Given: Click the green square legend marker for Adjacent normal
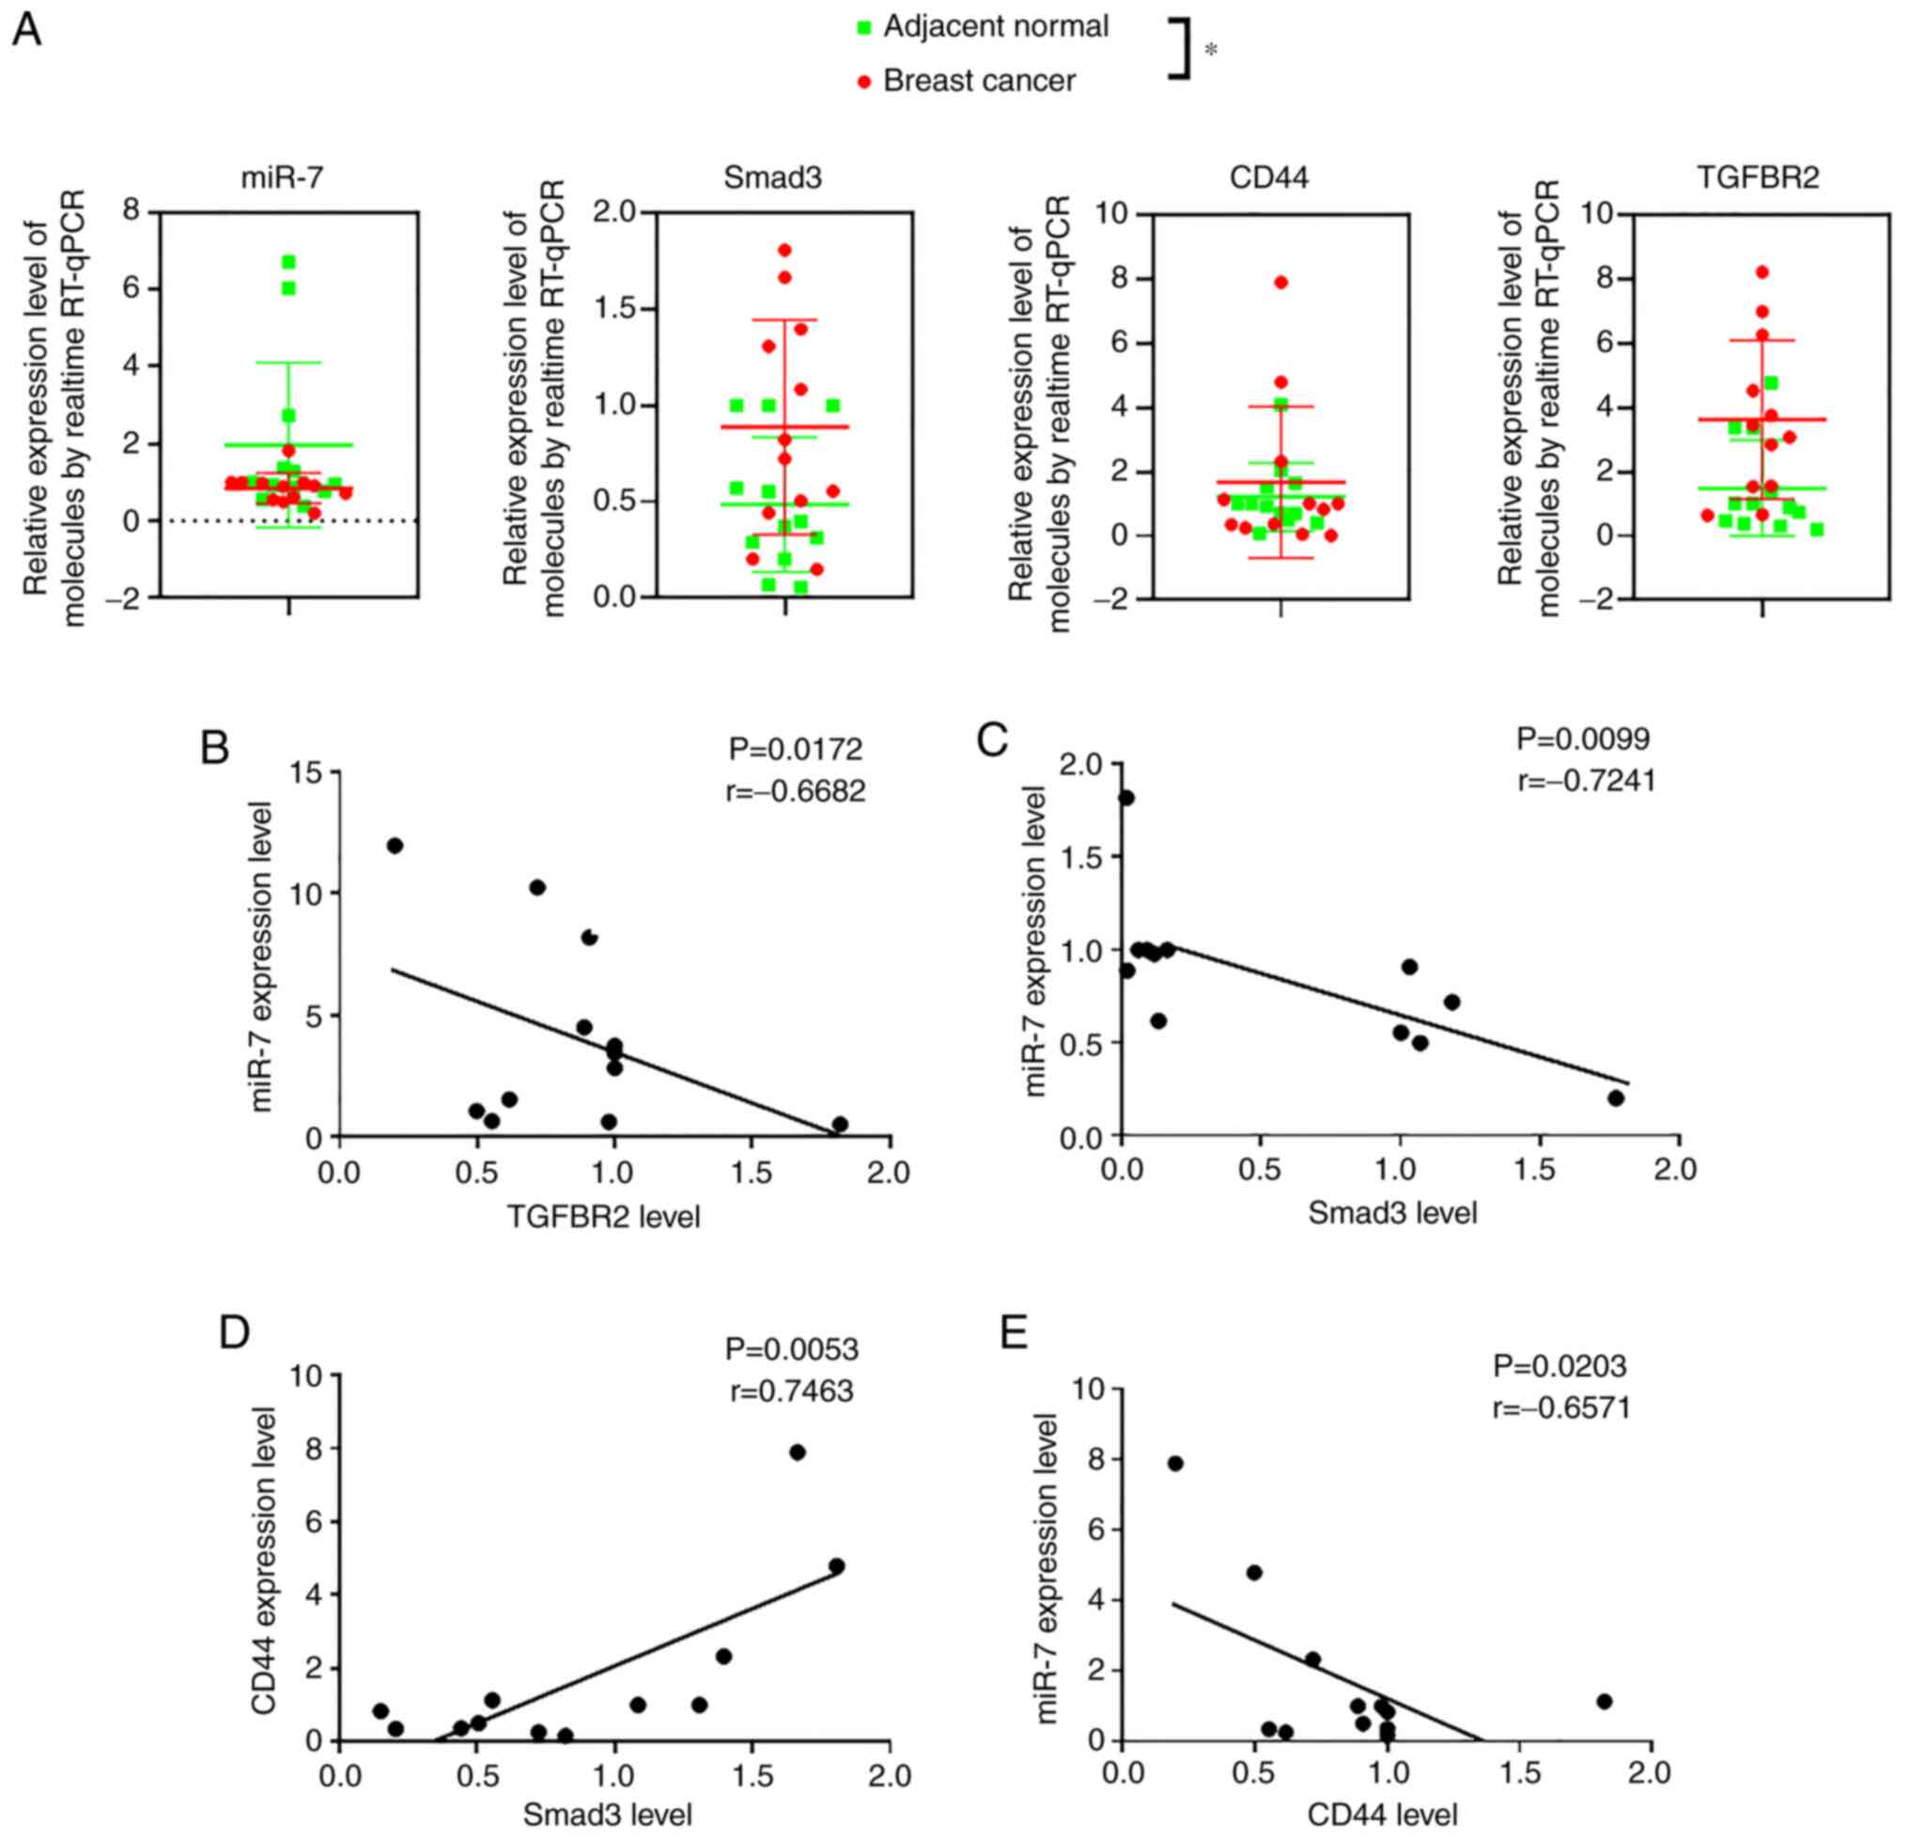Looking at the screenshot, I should pos(863,28).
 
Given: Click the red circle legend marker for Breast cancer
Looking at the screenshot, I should pos(863,83).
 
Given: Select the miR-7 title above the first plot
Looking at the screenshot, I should pos(283,179).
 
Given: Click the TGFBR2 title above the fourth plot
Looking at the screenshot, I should pos(1758,178).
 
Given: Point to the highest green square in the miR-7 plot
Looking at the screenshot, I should pos(288,262).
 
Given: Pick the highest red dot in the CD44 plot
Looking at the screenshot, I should pos(1280,283).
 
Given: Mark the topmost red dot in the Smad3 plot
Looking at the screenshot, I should pos(785,250).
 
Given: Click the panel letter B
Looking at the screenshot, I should pos(214,748).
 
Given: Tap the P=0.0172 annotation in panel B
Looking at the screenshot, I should pos(796,749).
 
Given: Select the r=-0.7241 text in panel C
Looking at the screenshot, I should pos(1587,781).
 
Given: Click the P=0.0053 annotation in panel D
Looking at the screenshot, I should pos(792,1350).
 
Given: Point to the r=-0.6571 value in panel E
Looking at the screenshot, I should pos(1561,1409).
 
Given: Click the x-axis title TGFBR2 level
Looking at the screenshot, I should pos(604,1217).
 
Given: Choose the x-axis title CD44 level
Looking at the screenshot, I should pos(1382,1814).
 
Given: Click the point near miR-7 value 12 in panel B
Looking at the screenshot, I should pos(395,846).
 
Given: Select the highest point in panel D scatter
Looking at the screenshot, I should pos(798,1453).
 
